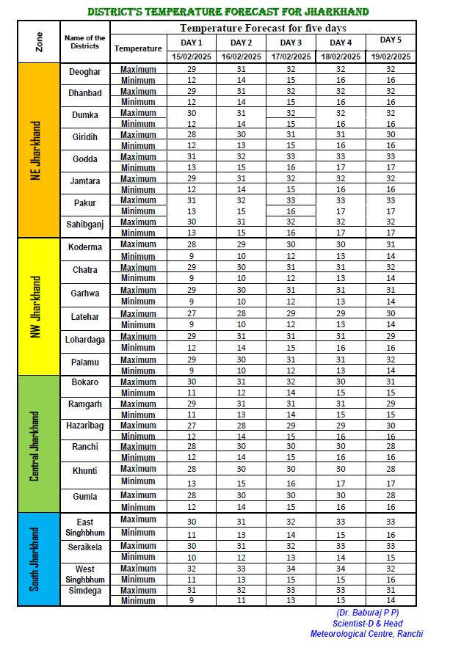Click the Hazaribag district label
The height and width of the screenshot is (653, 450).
point(85,426)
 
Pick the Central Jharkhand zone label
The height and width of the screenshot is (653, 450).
point(35,444)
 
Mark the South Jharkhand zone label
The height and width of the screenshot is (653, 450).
point(35,559)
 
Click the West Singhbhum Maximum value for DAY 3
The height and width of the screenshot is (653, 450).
point(290,568)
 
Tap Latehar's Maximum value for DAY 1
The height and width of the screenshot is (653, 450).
point(191,313)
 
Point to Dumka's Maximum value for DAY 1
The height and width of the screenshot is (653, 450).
point(191,113)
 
